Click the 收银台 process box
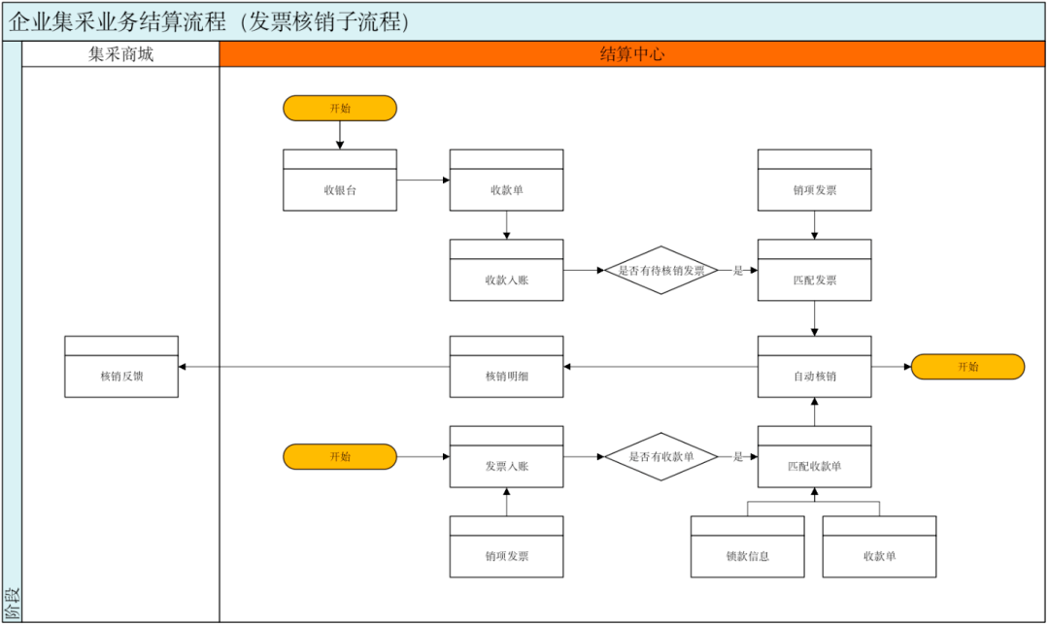(x=340, y=180)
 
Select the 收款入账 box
(x=506, y=270)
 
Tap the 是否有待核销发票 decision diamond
(x=661, y=270)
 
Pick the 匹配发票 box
(x=814, y=270)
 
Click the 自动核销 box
(x=814, y=367)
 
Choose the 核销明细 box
(x=506, y=367)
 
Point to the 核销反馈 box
(x=121, y=367)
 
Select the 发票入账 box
(x=506, y=457)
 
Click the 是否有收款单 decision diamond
(x=661, y=457)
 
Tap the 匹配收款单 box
(x=814, y=457)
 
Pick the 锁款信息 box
(x=747, y=546)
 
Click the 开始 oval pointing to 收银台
(x=340, y=109)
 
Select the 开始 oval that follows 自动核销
(x=968, y=367)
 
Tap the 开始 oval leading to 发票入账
(x=340, y=457)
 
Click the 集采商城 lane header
(x=121, y=54)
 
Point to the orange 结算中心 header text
(x=632, y=54)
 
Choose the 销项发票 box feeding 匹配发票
(x=814, y=180)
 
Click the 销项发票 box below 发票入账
(x=506, y=546)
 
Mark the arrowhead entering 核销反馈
(x=182, y=367)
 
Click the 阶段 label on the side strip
(x=12, y=604)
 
